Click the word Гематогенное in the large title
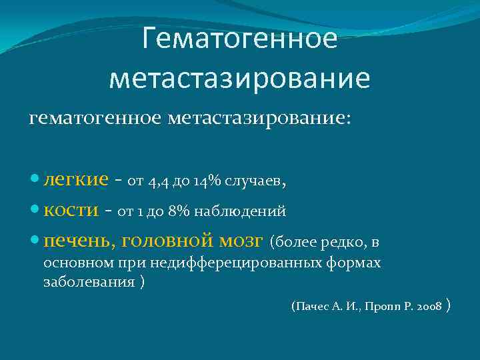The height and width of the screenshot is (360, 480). click(x=240, y=39)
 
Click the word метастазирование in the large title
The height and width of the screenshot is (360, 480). click(x=240, y=79)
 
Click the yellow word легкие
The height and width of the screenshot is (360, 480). click(x=75, y=179)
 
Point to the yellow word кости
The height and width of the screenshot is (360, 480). click(x=71, y=210)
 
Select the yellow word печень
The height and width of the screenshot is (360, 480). click(x=74, y=239)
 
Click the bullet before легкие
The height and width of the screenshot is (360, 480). click(x=35, y=180)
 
